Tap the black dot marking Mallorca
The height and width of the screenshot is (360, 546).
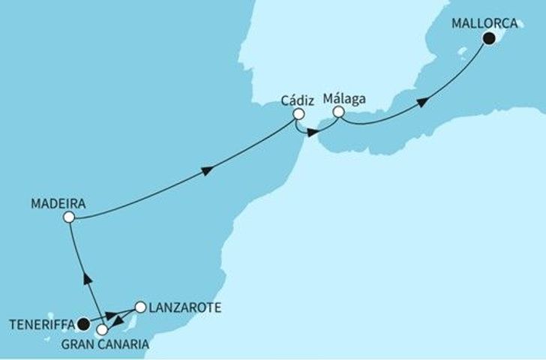coord(490,40)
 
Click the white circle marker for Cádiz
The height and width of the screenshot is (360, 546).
coord(298,115)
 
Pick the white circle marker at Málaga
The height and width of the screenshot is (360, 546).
coord(339,112)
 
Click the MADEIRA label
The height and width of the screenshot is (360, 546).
coord(58,203)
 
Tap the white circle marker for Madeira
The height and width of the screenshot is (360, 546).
coord(69,217)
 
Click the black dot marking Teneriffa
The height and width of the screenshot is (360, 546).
coord(83,325)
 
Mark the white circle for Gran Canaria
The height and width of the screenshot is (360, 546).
coord(102,328)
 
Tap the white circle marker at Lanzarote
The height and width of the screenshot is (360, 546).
coord(139,307)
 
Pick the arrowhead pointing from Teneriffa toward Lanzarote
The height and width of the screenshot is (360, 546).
coord(109,314)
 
